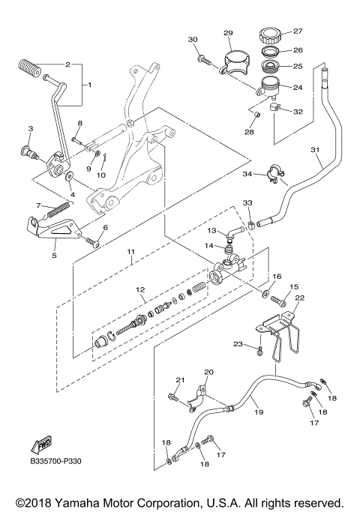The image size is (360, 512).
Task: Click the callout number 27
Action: tap(298, 31)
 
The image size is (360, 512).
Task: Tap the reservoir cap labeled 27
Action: tap(270, 34)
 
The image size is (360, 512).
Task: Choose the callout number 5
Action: tap(54, 254)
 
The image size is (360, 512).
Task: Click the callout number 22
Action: tap(299, 298)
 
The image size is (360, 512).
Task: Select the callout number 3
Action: tap(30, 129)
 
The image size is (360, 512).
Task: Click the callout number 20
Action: tap(208, 372)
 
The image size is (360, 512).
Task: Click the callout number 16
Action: tap(276, 277)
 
